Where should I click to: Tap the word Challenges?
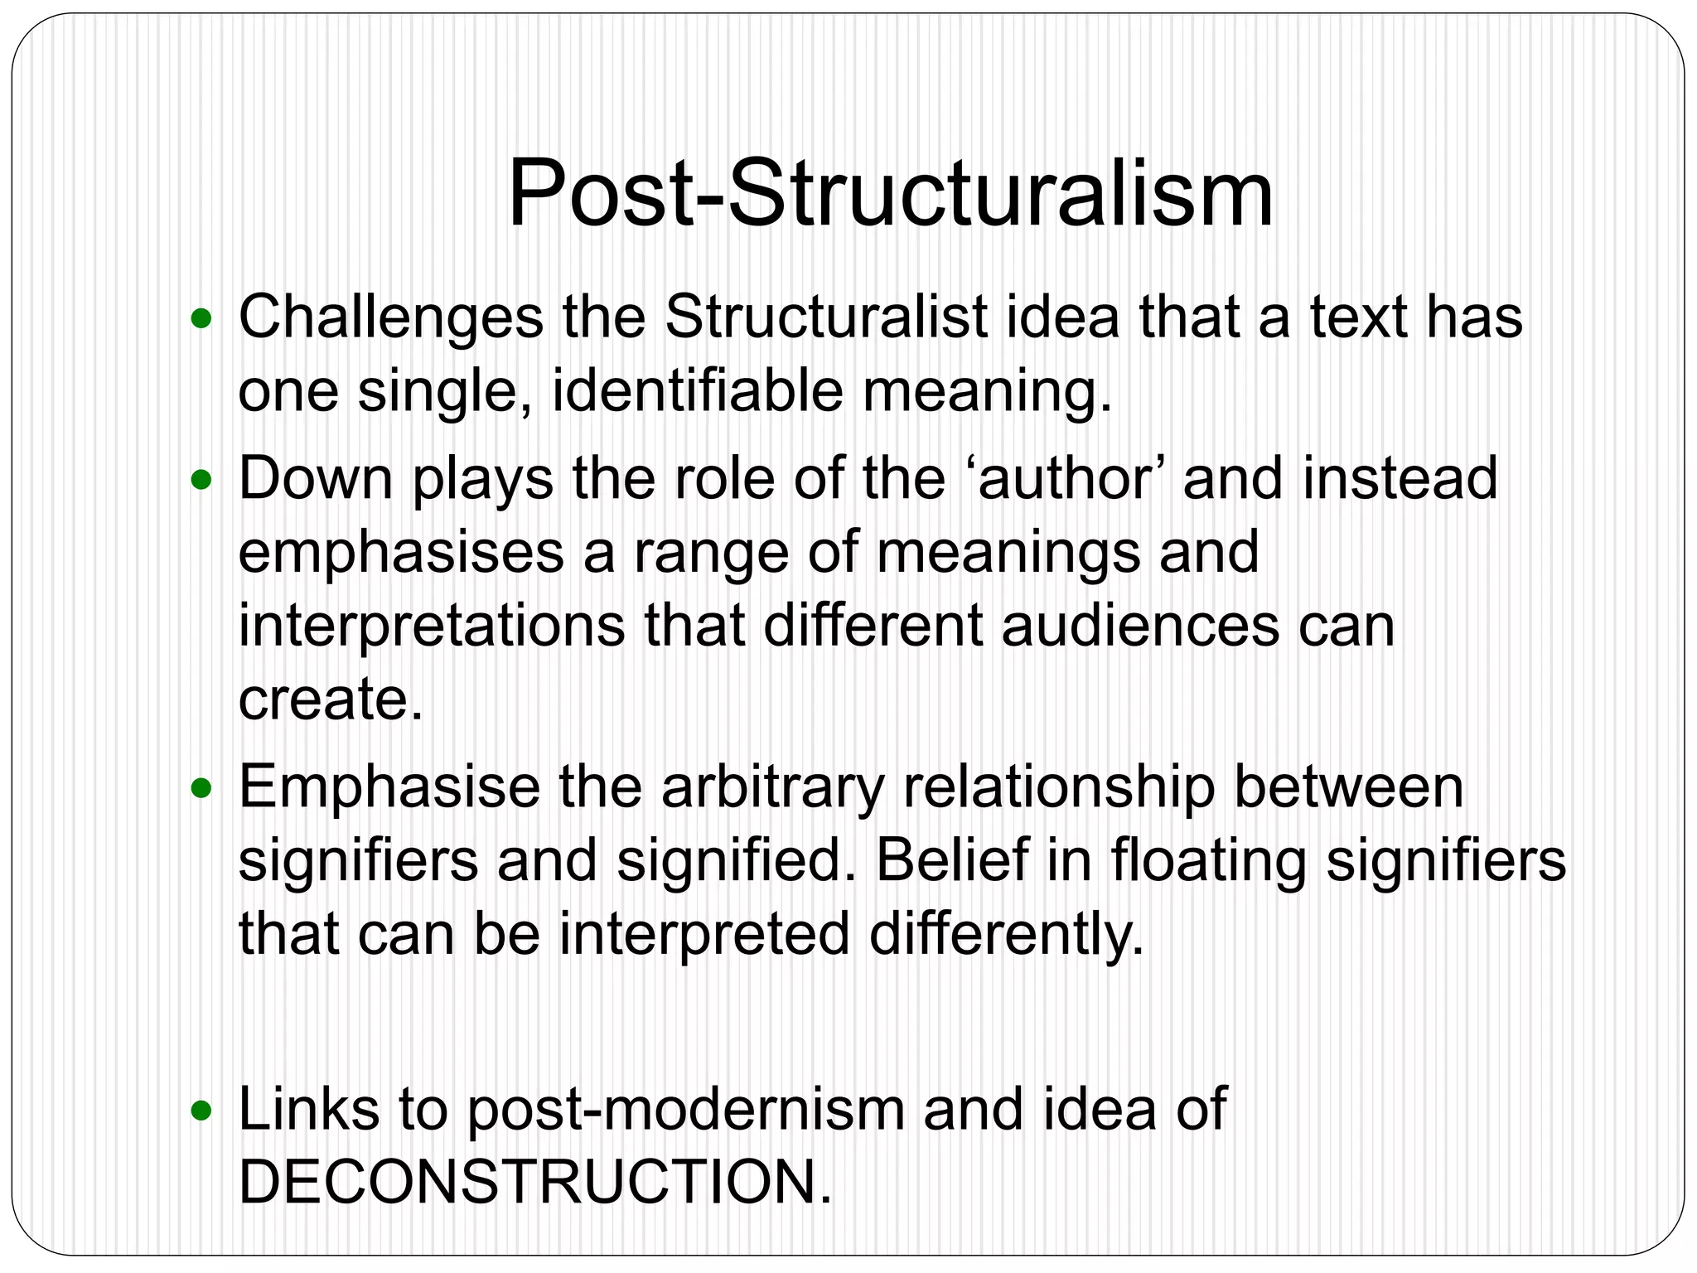390,317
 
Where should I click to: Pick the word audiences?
1140,626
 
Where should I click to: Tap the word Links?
307,1109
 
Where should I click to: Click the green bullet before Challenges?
201,318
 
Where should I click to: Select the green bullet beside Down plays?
201,480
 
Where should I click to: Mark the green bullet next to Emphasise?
201,788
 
